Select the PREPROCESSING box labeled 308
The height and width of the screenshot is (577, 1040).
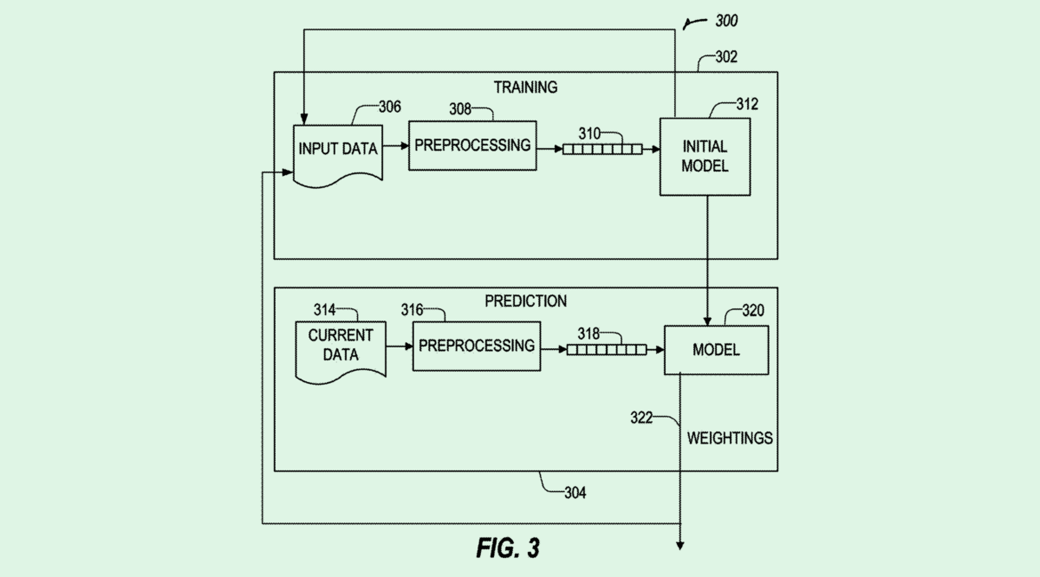click(472, 146)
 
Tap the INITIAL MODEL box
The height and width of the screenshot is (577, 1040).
click(705, 156)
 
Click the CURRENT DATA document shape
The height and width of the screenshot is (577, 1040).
click(340, 345)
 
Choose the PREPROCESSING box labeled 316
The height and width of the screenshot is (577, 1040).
click(476, 346)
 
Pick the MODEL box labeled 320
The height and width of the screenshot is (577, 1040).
click(716, 350)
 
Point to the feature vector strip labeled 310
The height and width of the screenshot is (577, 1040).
click(602, 149)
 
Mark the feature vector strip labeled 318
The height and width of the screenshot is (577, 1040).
click(607, 350)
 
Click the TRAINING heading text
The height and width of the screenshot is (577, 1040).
click(525, 88)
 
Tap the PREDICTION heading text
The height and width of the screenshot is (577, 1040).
click(525, 301)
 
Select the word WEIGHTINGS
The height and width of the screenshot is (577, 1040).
click(730, 438)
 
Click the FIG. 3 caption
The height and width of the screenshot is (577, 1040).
click(508, 548)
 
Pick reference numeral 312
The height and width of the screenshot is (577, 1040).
click(746, 105)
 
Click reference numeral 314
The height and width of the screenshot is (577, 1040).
click(324, 309)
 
